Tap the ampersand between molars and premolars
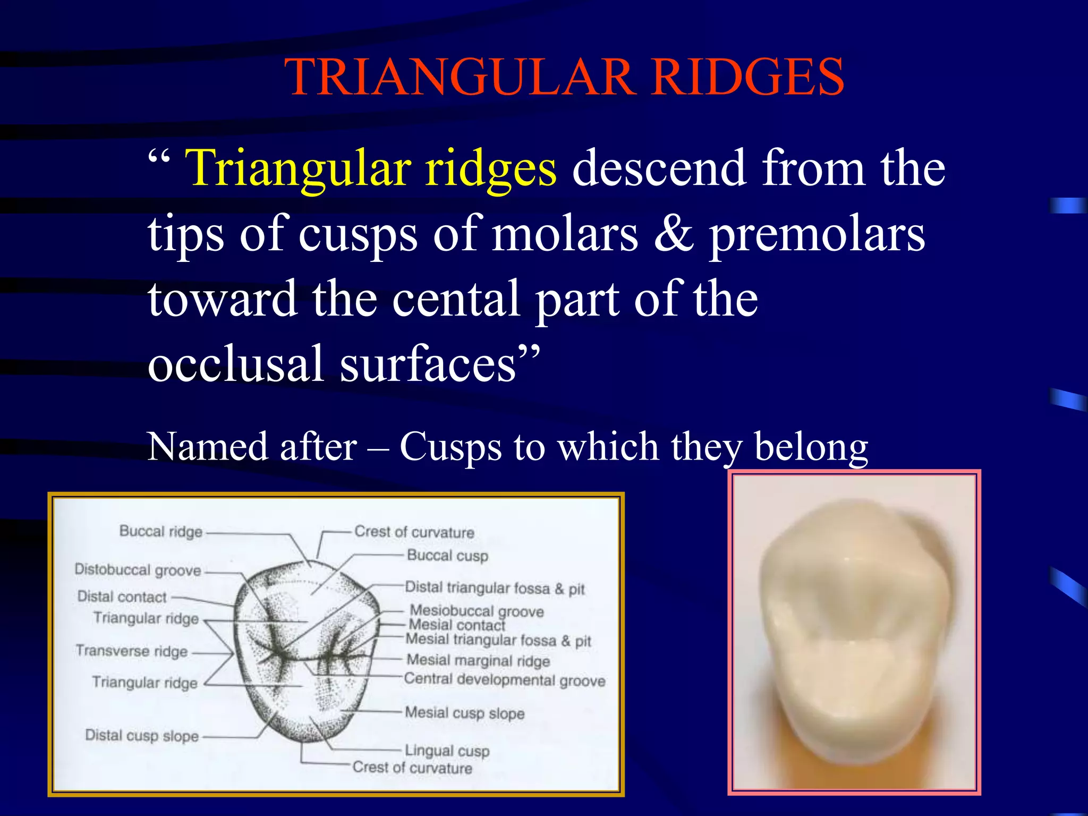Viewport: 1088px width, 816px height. click(673, 234)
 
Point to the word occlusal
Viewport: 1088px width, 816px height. click(235, 364)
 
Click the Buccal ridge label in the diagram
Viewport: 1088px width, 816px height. click(161, 531)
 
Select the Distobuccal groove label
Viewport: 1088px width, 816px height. click(138, 570)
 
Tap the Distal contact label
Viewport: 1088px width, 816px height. click(122, 597)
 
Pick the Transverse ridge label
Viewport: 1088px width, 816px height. click(132, 651)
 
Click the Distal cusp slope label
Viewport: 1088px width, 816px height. click(142, 736)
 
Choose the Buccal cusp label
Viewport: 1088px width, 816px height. click(447, 556)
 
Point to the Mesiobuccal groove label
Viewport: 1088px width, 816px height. click(477, 611)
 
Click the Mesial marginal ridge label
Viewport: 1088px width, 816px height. click(478, 660)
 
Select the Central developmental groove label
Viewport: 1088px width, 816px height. click(505, 680)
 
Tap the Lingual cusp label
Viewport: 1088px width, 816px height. click(447, 751)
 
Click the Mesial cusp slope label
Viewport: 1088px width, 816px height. click(464, 713)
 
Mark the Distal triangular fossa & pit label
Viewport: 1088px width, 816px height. click(495, 588)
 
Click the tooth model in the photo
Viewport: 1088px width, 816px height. click(854, 627)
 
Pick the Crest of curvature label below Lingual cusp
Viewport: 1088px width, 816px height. click(412, 768)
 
